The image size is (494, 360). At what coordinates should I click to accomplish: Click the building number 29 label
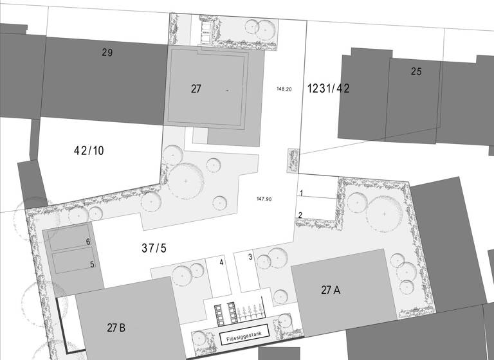coord(107,53)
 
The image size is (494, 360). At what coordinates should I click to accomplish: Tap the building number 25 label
coord(416,71)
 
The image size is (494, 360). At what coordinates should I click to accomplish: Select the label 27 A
coord(331,290)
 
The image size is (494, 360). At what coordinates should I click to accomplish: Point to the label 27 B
coord(116,327)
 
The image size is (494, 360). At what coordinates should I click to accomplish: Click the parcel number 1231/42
coord(328,89)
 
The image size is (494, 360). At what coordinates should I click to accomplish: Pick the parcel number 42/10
coord(89,151)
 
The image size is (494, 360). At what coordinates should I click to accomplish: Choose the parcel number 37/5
coord(154,248)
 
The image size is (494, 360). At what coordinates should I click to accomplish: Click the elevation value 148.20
coord(284,89)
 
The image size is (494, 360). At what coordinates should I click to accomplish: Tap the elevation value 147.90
coord(264,199)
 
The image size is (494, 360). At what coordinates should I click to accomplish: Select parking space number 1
coord(300,193)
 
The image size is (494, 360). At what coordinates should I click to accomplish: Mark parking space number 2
coord(300,215)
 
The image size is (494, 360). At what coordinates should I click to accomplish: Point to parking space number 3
coord(250,258)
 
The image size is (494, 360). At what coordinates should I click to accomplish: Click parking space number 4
coord(221,262)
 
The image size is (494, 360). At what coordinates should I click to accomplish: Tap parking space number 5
coord(92,264)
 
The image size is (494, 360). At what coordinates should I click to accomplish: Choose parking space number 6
coord(88,242)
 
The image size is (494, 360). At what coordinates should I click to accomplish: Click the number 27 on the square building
coord(196,89)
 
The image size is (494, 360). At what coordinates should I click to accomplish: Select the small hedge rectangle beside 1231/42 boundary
coord(293,161)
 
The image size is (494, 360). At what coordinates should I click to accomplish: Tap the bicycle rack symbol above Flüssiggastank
coord(251,312)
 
